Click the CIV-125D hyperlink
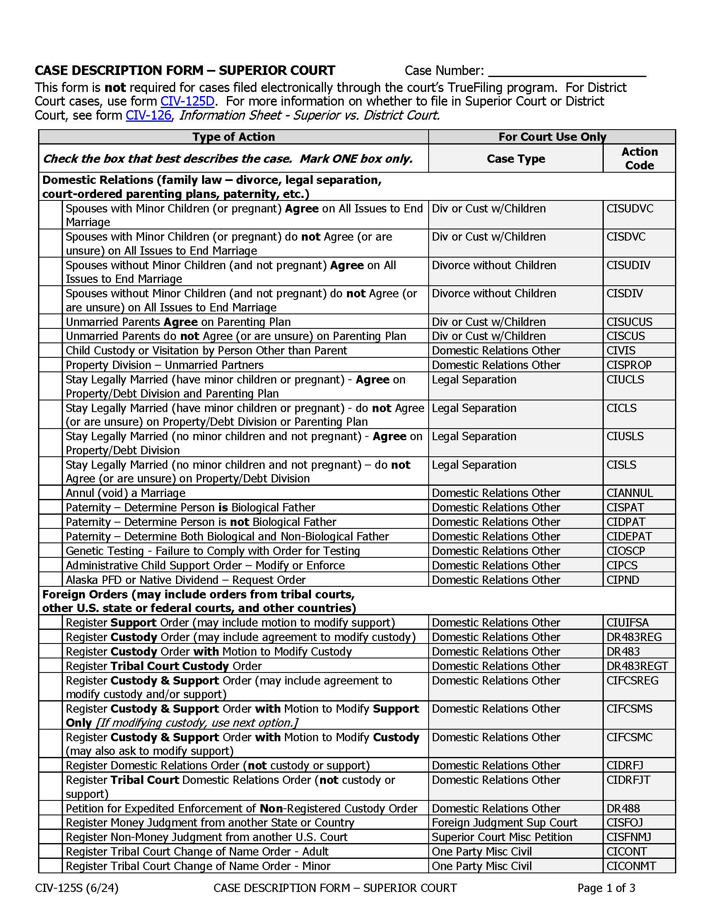click(x=187, y=101)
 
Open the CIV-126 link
click(x=149, y=115)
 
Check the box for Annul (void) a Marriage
click(x=51, y=493)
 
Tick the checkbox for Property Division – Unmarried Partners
click(x=51, y=365)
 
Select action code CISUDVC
click(x=630, y=209)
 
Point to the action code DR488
click(x=623, y=808)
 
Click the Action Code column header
click(x=639, y=159)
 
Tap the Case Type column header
click(x=516, y=159)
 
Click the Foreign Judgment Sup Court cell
click(x=504, y=822)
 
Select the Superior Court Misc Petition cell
click(x=502, y=837)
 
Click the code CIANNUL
click(x=629, y=493)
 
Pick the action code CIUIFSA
click(x=627, y=623)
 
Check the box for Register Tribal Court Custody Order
click(x=51, y=666)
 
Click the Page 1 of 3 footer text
click(x=606, y=888)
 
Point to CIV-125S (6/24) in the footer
click(x=77, y=888)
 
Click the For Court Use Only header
click(x=552, y=137)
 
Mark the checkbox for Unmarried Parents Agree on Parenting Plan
click(x=51, y=322)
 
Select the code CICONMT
click(x=631, y=866)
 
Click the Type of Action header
click(x=234, y=137)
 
